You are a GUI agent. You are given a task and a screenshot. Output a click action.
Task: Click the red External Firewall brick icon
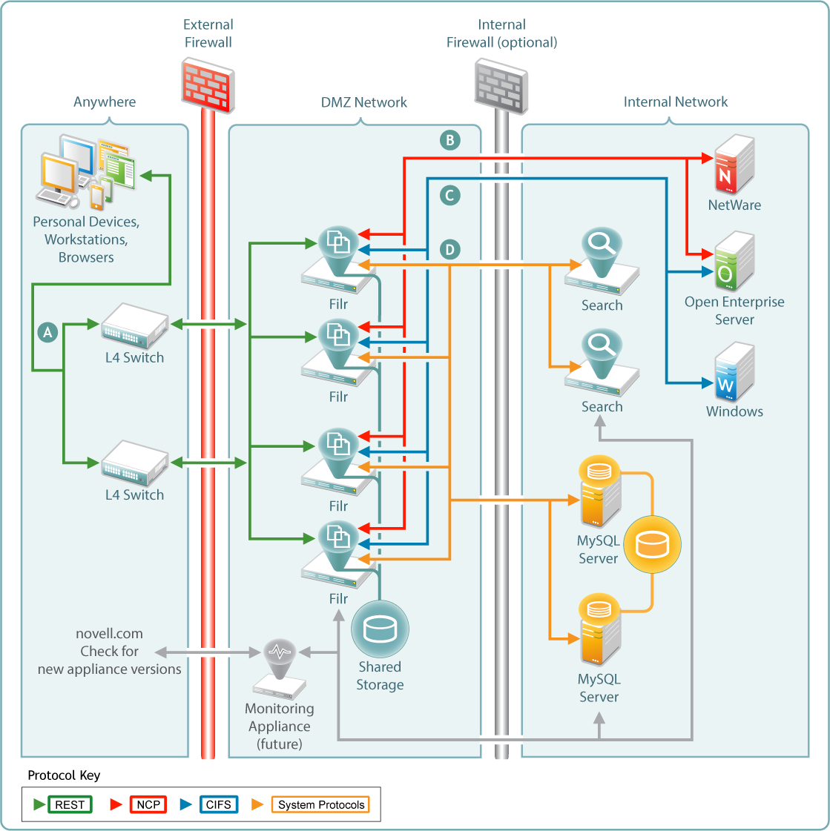(208, 85)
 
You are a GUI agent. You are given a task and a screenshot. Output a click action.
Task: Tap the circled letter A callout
(48, 332)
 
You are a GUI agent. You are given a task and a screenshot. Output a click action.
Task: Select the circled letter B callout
(449, 140)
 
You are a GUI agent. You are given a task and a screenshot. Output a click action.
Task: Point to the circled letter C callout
(449, 196)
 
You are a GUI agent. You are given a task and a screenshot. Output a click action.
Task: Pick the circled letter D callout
(449, 250)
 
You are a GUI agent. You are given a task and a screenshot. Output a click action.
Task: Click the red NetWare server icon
(734, 165)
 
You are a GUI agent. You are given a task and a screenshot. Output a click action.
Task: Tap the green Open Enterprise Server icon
(734, 262)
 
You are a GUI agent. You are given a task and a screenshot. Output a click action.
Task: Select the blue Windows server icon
(734, 372)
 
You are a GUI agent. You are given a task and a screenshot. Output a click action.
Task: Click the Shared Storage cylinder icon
(380, 629)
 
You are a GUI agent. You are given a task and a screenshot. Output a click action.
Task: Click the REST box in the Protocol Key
(70, 805)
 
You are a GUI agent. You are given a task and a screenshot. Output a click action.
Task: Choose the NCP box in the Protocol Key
(148, 805)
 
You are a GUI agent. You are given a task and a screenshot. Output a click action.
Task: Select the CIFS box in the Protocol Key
(219, 805)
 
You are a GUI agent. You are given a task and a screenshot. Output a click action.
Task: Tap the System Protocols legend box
(321, 805)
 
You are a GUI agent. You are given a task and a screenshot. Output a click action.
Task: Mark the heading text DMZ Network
(363, 102)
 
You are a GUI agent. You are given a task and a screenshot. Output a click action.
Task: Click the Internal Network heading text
(675, 102)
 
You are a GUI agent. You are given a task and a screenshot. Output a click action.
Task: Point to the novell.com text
(109, 634)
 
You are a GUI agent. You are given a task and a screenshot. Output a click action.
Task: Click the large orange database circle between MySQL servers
(652, 545)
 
